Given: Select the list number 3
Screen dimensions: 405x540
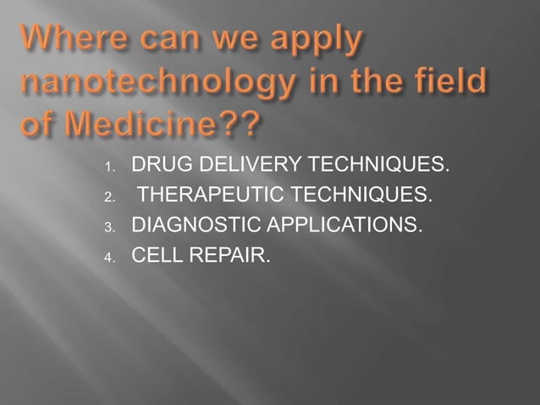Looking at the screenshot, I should (108, 228).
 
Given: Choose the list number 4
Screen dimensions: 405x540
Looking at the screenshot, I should (108, 255).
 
